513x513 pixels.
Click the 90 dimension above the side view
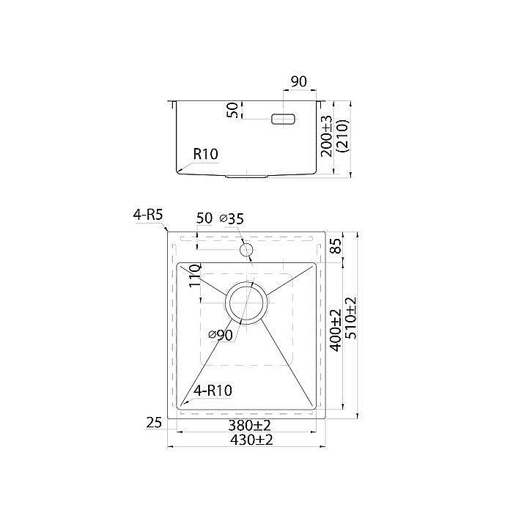(299, 82)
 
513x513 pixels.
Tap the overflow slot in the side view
(284, 119)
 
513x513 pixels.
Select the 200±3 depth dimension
(327, 136)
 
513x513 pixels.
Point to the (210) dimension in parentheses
(344, 136)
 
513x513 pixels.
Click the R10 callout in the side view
(206, 154)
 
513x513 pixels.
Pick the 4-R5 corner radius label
(148, 215)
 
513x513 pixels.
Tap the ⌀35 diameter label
(232, 218)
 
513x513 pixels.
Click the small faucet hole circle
(246, 250)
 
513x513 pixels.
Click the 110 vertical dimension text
(194, 276)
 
